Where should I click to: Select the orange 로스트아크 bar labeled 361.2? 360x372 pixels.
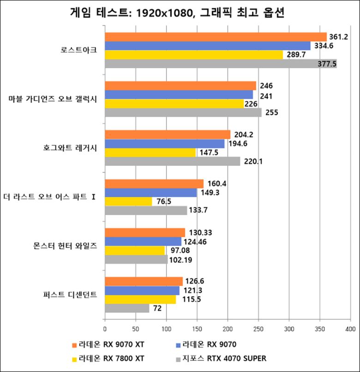216,37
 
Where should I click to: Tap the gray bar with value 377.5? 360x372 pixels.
221,64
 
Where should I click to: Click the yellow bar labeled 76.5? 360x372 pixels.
128,201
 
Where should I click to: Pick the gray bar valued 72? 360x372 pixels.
127,308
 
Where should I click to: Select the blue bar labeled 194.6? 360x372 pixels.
165,143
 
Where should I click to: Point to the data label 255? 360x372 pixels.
271,112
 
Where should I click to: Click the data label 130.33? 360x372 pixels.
201,232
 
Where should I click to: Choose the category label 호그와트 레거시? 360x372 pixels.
69,148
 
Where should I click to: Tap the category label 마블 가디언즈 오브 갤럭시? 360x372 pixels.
53,99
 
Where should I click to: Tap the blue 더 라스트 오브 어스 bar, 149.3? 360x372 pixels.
151,193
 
